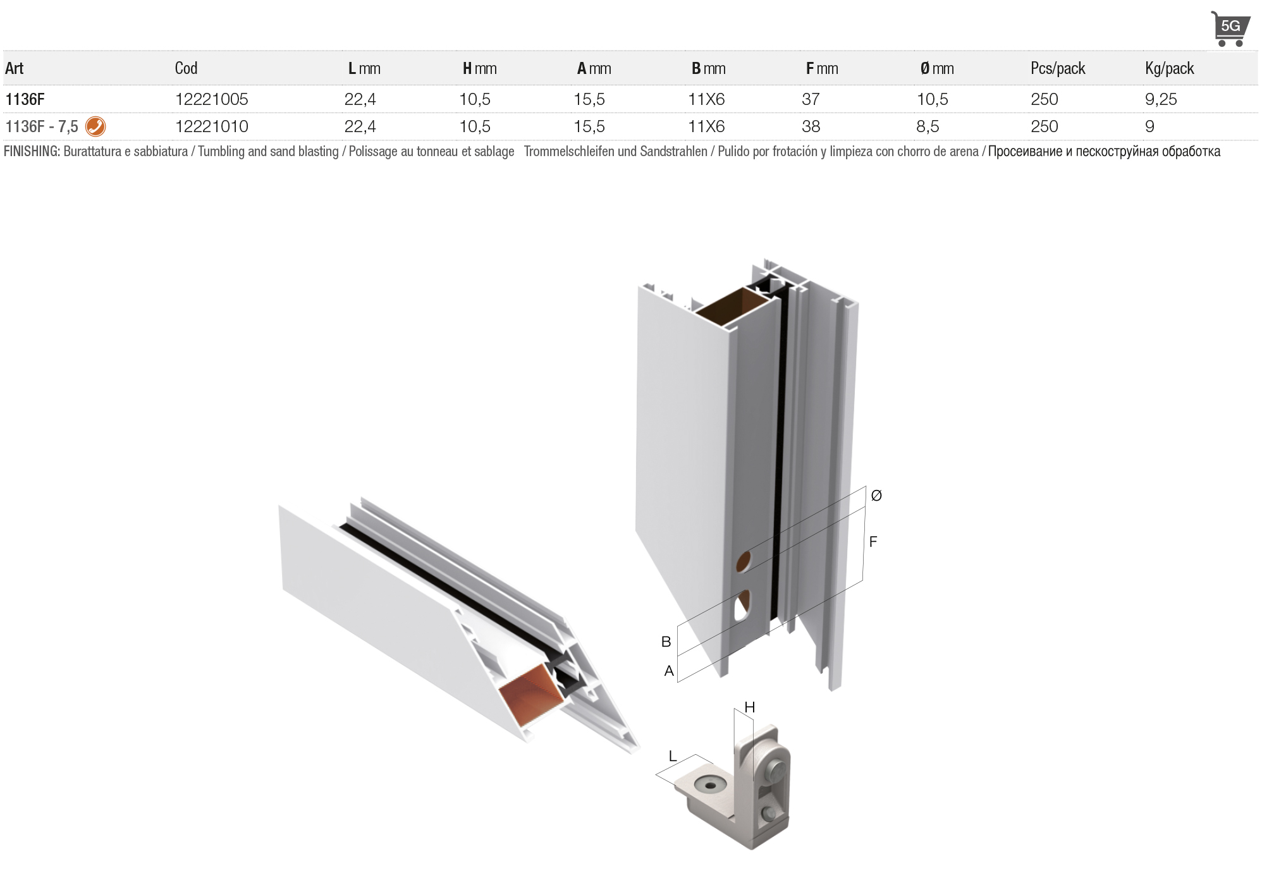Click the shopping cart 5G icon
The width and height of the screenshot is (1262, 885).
click(1230, 28)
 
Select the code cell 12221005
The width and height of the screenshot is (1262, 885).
click(211, 99)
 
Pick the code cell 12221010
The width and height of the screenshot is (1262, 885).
click(211, 126)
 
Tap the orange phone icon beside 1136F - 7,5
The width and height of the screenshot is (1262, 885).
click(95, 126)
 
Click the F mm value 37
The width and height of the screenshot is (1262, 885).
click(811, 99)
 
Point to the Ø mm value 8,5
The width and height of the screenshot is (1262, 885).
click(928, 126)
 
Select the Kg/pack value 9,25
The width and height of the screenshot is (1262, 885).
click(1161, 99)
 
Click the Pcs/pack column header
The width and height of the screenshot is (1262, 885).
click(1058, 68)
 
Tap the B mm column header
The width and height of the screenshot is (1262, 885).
click(708, 68)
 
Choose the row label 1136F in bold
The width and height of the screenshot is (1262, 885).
click(25, 99)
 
